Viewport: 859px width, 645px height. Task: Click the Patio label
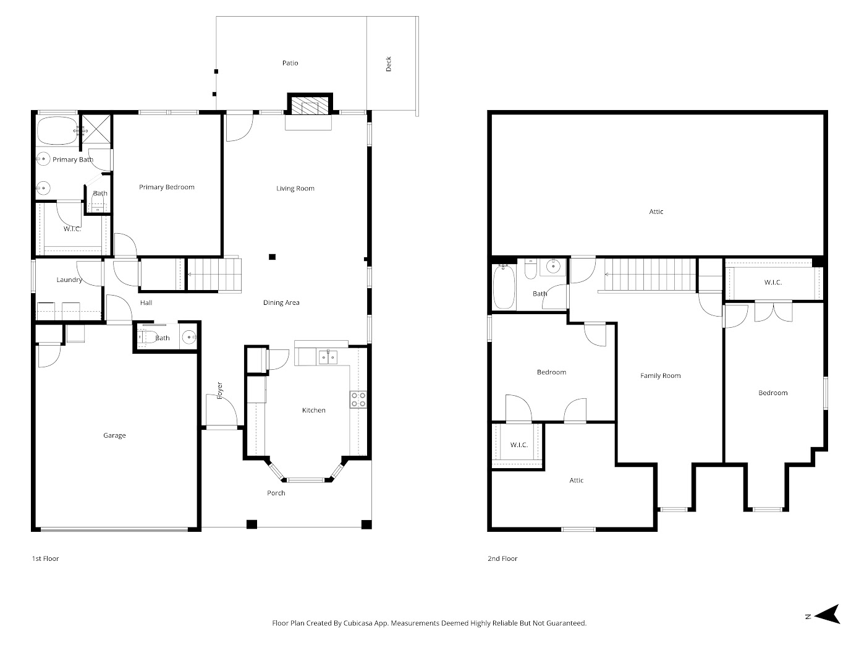290,63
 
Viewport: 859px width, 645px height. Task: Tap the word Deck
389,64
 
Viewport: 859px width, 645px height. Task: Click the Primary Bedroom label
166,187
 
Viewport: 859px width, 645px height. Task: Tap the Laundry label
69,280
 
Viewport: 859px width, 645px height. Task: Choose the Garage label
114,435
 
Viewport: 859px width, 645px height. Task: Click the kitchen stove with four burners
358,399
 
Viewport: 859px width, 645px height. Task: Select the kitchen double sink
328,357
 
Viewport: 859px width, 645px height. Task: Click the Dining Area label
281,302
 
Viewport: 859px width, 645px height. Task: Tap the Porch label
276,493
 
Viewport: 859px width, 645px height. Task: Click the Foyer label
220,390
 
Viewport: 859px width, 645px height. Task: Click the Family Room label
660,375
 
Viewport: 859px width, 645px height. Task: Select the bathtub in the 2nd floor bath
504,287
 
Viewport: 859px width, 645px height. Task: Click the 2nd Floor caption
502,558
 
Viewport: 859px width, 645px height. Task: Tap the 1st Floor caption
45,558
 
